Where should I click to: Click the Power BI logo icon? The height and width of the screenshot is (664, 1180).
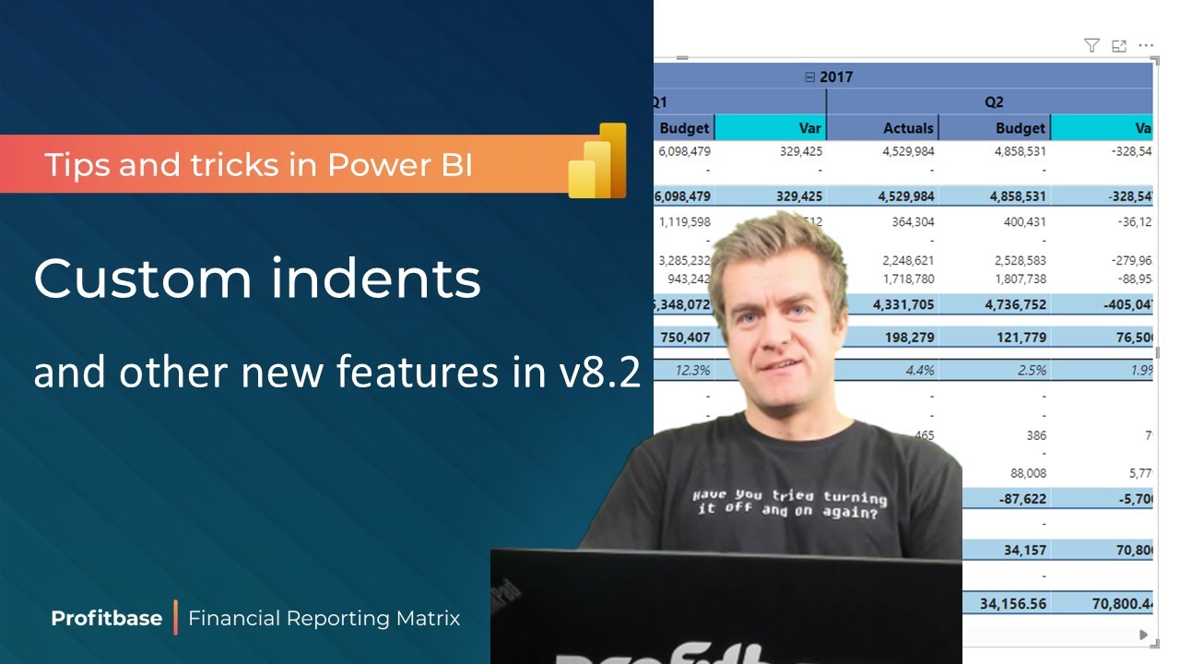click(597, 160)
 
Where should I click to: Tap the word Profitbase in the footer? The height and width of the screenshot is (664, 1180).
click(106, 618)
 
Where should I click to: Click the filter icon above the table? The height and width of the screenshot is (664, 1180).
click(1091, 45)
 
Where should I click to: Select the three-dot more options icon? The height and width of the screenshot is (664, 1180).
click(1146, 45)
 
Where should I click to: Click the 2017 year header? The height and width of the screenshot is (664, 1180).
click(835, 77)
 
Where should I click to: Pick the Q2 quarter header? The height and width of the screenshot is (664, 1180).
click(993, 102)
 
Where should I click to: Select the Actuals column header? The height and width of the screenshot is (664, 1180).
click(908, 128)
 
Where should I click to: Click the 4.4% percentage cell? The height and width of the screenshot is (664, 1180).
click(921, 370)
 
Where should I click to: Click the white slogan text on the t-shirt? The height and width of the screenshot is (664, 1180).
click(788, 503)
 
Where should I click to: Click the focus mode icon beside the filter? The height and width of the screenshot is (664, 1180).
click(1119, 45)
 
